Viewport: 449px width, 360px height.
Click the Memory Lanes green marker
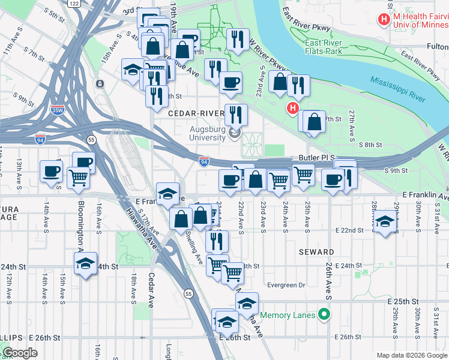(x=325, y=314)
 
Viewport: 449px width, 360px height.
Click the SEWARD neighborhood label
(x=316, y=252)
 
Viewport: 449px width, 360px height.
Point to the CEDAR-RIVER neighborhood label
(x=196, y=113)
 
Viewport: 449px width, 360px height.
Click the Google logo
(x=20, y=353)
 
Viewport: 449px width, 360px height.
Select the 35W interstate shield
(x=58, y=110)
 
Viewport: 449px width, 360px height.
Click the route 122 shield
(x=74, y=4)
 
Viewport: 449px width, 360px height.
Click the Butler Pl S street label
(x=315, y=157)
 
